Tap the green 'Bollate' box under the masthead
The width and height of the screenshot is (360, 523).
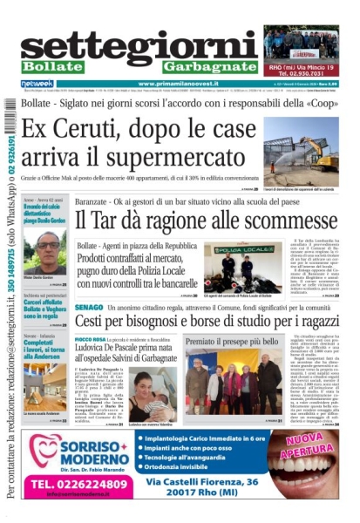pos(53,67)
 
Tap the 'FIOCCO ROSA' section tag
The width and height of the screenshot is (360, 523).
pos(92,338)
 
